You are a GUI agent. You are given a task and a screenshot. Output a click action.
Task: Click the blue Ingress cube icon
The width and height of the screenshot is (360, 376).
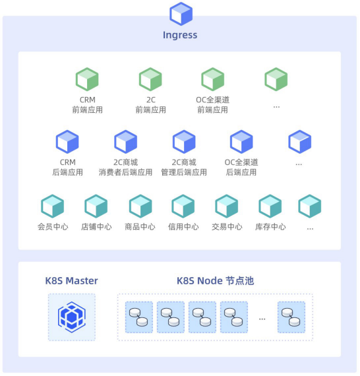(181, 14)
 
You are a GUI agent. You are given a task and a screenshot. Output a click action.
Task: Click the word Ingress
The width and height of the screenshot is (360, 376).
(180, 35)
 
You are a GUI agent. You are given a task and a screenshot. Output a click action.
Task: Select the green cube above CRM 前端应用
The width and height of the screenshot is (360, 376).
(87, 79)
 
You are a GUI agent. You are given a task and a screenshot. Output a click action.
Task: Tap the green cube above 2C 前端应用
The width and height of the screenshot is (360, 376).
(150, 79)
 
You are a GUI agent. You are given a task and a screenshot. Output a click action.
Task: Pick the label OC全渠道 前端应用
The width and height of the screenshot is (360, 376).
(212, 105)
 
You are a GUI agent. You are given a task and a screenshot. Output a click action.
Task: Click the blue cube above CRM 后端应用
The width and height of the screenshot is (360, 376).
(67, 142)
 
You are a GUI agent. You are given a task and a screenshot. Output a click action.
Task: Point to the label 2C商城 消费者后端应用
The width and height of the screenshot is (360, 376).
(125, 167)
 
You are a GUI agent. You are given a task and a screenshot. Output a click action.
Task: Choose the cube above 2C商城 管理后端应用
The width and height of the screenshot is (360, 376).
(184, 142)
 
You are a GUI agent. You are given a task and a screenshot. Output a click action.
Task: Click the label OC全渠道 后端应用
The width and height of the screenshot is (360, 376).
(241, 167)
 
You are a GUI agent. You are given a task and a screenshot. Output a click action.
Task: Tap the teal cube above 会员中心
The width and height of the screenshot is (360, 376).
(53, 206)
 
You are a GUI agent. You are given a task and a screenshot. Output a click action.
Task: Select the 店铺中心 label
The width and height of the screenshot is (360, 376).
(96, 227)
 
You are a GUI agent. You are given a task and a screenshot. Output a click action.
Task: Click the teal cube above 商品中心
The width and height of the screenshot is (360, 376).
(140, 206)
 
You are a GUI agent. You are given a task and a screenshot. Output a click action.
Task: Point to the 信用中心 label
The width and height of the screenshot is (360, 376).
(183, 227)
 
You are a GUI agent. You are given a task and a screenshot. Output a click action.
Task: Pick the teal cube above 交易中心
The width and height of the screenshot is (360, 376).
(227, 206)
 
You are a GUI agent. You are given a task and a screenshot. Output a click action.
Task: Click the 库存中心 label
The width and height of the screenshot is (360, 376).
(270, 227)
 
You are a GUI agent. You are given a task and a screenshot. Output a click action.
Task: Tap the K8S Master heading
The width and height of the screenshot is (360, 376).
(71, 281)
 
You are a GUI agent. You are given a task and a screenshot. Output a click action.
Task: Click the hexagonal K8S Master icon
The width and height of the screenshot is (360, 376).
(72, 317)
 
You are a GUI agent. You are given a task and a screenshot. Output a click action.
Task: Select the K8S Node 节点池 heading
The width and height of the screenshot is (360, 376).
(215, 281)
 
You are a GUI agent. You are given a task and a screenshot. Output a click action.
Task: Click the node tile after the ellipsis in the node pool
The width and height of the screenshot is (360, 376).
(291, 317)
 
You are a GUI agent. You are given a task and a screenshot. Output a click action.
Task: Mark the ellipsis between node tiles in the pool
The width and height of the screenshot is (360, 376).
(262, 319)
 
